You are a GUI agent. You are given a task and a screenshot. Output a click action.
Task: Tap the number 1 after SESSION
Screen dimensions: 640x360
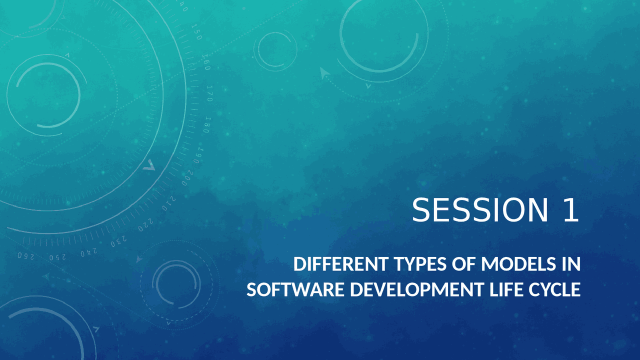point(571,209)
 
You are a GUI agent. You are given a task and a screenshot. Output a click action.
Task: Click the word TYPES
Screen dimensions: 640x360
point(420,264)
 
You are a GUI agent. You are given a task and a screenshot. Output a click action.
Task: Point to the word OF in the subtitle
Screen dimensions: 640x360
point(464,264)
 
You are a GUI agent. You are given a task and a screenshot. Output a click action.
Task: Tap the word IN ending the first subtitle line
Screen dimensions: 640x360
point(571,264)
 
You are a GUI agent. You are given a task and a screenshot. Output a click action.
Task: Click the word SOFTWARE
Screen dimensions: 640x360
point(295,289)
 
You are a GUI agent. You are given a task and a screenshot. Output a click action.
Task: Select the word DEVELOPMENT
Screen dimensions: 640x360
point(417,289)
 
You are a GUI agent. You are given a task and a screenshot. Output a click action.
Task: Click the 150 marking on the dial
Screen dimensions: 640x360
point(196,32)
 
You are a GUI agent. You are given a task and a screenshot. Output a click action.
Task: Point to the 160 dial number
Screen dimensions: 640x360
point(206,62)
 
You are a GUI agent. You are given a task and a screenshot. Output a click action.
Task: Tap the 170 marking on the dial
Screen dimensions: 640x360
point(209,93)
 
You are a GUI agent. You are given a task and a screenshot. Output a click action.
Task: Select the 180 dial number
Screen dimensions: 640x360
point(207,125)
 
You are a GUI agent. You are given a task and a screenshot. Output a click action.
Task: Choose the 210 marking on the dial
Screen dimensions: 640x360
point(169,203)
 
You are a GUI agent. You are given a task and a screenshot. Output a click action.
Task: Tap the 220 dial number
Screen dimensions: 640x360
point(145,225)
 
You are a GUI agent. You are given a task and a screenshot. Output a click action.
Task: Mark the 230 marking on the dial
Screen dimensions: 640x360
point(118,241)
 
